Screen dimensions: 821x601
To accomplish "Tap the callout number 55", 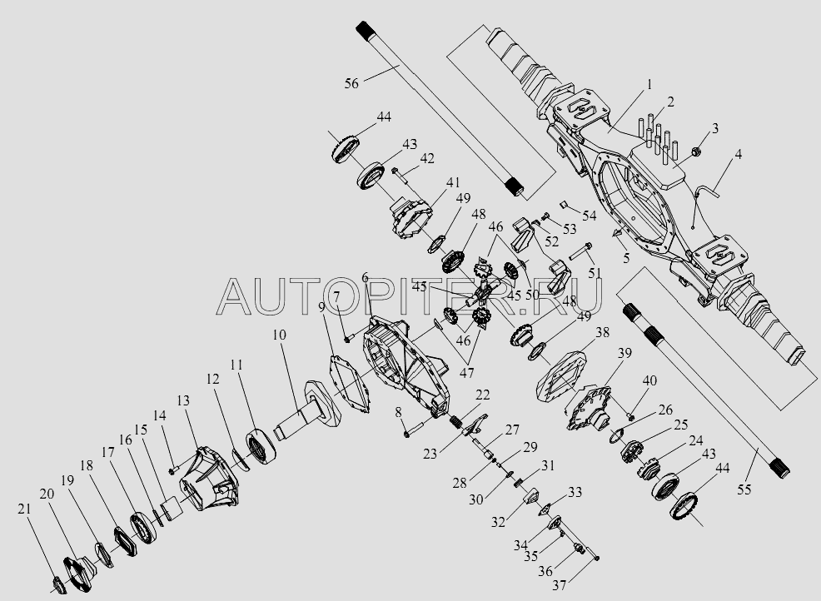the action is (x=744, y=489).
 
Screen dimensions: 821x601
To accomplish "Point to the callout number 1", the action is (x=649, y=84).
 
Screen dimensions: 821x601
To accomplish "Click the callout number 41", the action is (x=452, y=181).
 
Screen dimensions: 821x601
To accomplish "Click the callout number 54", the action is (x=590, y=216).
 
